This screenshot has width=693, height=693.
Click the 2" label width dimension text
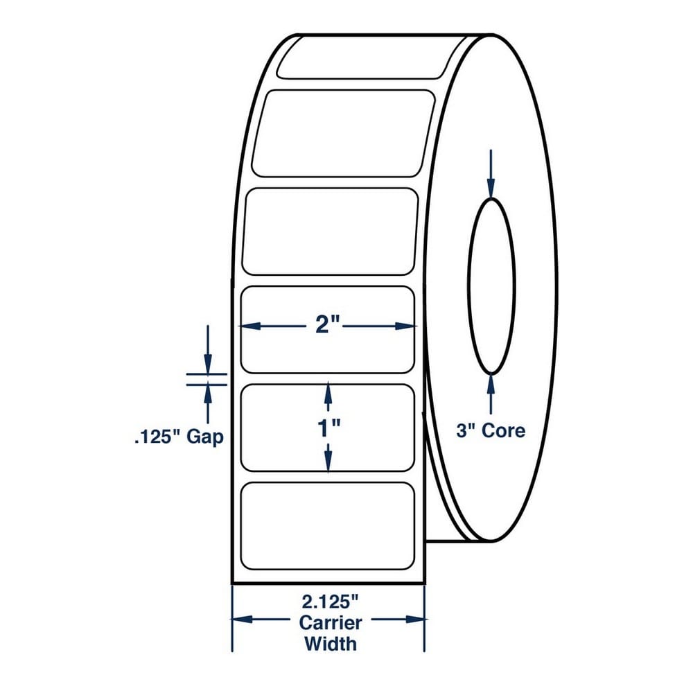pyautogui.click(x=328, y=326)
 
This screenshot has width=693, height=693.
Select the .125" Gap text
pyautogui.click(x=179, y=437)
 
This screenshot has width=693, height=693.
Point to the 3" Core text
pyautogui.click(x=491, y=430)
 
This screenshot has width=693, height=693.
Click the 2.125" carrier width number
pyautogui.click(x=330, y=602)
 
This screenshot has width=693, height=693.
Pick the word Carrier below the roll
pyautogui.click(x=330, y=623)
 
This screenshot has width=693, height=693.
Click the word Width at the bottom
pyautogui.click(x=330, y=644)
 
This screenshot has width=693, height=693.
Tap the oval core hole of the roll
pyautogui.click(x=468, y=286)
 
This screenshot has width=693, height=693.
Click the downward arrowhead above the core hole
pyautogui.click(x=491, y=187)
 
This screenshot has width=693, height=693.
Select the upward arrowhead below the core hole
pyautogui.click(x=491, y=385)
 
